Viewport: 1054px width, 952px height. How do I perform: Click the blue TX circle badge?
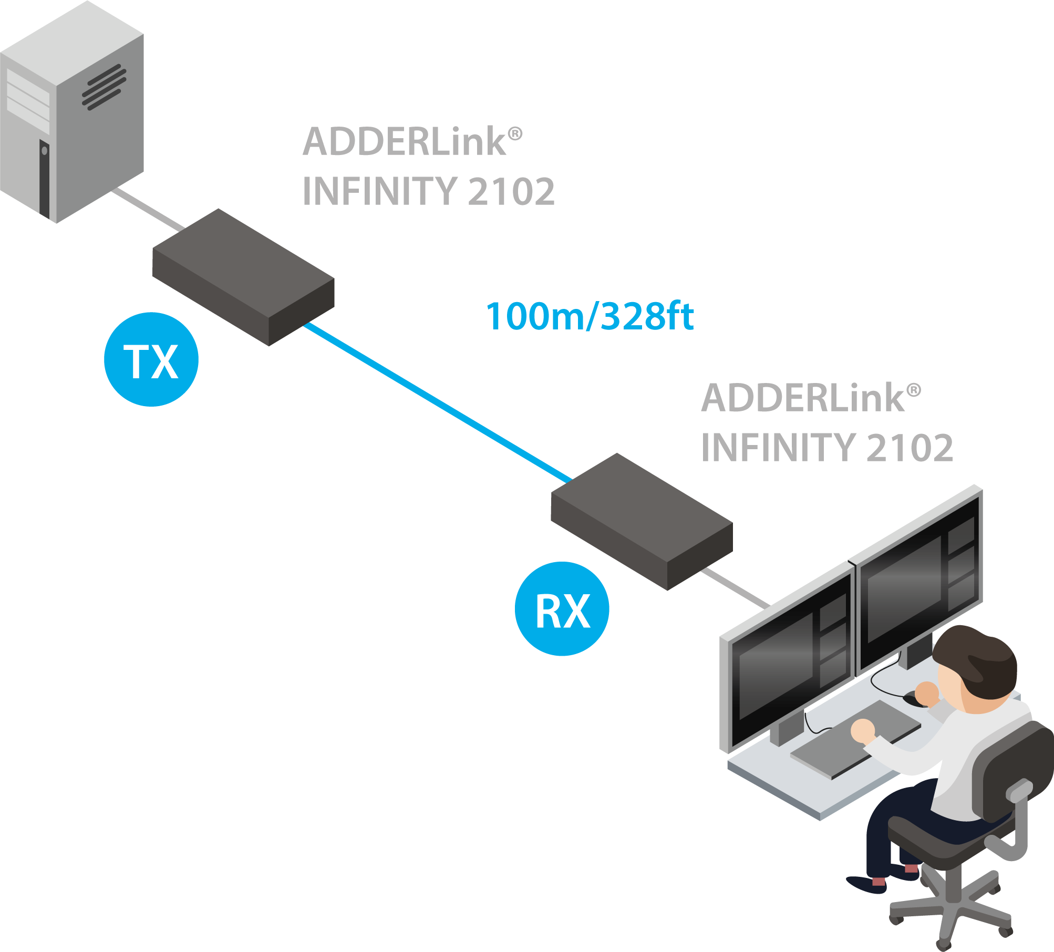[151, 359]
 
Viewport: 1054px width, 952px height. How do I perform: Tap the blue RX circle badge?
[562, 609]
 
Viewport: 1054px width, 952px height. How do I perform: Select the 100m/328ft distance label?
[590, 316]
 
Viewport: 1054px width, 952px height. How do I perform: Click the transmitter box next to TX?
[243, 276]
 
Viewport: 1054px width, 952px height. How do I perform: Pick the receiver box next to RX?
[642, 521]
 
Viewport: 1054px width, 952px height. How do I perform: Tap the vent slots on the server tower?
[104, 87]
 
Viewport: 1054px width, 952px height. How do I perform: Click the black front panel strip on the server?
[44, 179]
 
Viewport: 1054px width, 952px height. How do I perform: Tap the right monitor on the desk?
[919, 578]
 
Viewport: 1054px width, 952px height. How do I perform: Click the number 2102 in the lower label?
[909, 448]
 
